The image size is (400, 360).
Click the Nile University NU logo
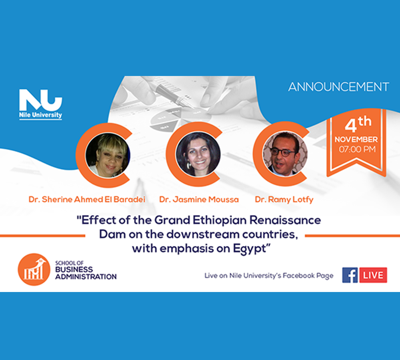(40, 104)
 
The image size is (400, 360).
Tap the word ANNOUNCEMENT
(338, 87)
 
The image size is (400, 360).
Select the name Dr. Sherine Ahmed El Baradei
(87, 199)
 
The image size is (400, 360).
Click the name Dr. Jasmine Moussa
(199, 199)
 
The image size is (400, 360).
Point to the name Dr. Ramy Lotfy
(284, 200)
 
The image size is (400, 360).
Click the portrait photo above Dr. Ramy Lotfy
(285, 154)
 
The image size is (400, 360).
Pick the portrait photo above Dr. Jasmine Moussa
(198, 154)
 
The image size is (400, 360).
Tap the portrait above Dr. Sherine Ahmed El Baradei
(108, 155)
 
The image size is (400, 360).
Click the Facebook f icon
(350, 275)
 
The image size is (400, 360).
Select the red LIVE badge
(373, 275)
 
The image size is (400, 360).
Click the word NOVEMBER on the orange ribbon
(356, 140)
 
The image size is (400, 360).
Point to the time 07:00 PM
(357, 149)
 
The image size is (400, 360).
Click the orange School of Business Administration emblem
(34, 270)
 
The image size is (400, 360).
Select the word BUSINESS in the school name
(74, 270)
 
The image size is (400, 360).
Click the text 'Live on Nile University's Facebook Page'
(269, 276)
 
